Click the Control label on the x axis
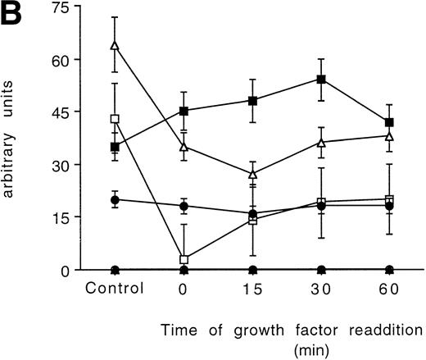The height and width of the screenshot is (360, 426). pos(115,288)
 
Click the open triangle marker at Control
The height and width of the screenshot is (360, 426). pos(115,46)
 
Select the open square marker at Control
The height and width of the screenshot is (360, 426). pos(115,119)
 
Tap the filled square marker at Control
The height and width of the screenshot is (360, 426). pos(115,147)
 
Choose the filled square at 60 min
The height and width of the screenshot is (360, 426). pos(389,122)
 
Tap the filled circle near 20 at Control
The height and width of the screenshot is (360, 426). pos(115,199)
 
